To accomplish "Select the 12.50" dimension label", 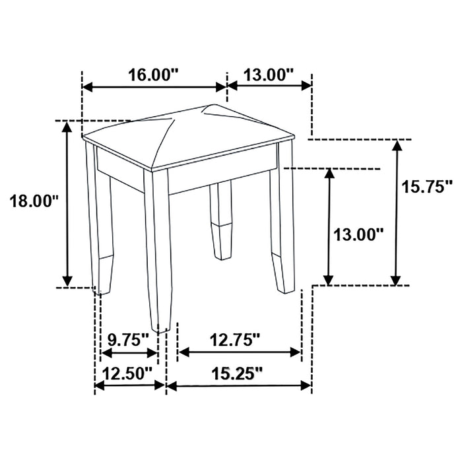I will [129, 372].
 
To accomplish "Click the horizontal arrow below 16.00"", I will [154, 86].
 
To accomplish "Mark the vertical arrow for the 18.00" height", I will [67, 203].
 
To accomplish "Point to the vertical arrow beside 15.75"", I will [396, 213].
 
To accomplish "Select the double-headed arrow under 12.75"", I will [240, 352].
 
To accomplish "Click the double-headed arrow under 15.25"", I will [238, 385].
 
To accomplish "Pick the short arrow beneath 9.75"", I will [129, 352].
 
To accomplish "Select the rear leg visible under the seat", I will [222, 218].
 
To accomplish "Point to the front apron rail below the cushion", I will [218, 175].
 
